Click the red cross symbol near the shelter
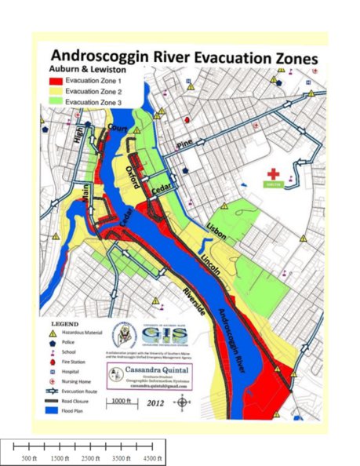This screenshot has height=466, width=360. click(273, 173)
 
